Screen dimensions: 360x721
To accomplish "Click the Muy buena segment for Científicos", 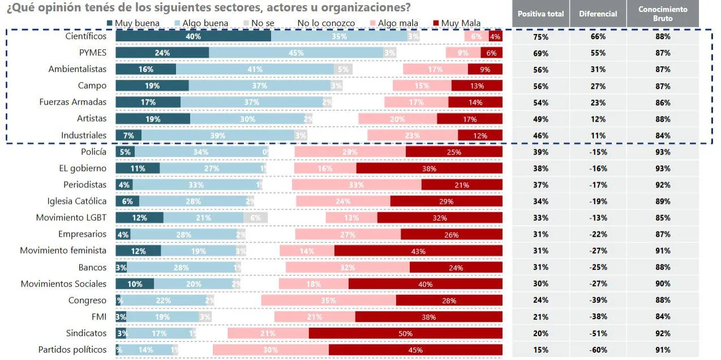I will [x=193, y=36].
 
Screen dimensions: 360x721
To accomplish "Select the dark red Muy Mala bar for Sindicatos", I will [x=405, y=333].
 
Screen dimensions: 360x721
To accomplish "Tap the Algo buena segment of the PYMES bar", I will [x=296, y=53].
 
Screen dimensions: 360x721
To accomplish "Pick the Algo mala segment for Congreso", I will [x=328, y=301].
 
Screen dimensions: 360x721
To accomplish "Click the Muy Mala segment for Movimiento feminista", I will [x=418, y=251].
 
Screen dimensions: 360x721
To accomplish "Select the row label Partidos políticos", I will [x=72, y=350].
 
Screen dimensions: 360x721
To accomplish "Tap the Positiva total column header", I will [x=540, y=14].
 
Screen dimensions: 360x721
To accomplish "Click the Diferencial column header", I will [x=597, y=14].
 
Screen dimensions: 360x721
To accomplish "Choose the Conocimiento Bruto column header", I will [x=663, y=13].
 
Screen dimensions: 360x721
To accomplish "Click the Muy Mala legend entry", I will [x=456, y=23].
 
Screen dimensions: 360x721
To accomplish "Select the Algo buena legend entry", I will [x=201, y=23].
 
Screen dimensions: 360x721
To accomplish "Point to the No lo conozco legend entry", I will [x=325, y=23].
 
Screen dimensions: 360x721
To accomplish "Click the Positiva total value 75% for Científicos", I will [x=540, y=37].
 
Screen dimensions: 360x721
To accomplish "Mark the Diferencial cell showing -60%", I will [x=597, y=350].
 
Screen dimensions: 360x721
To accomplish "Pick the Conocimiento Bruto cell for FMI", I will [x=663, y=317].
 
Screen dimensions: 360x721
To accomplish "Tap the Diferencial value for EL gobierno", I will [x=597, y=169].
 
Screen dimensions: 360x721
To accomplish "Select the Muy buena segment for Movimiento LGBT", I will [x=139, y=218].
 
